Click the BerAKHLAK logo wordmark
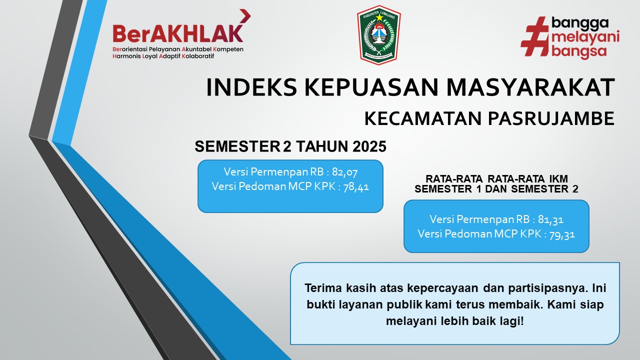(x=177, y=33)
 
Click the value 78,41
(x=356, y=186)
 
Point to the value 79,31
(x=562, y=233)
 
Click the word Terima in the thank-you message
(x=320, y=289)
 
